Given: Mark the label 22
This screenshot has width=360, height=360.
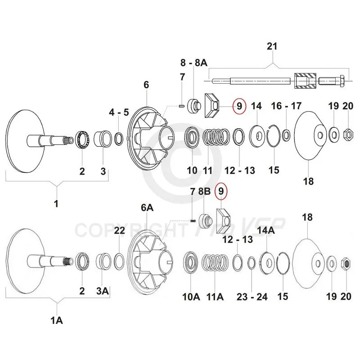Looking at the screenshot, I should point(119,231).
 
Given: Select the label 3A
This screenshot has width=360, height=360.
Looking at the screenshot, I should point(103,291).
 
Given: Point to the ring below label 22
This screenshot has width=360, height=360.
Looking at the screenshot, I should point(119,261).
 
